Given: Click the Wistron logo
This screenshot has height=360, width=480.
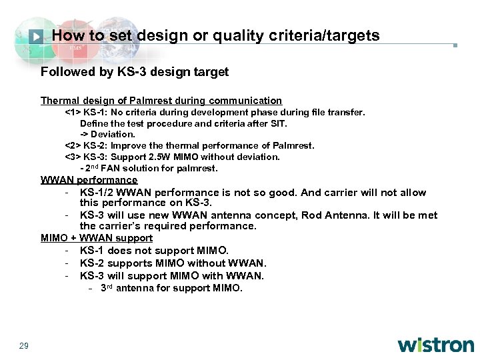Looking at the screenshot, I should point(436,345).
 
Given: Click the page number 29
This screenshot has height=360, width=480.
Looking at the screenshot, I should point(24,345).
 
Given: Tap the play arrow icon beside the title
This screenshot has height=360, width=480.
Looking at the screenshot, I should point(37,36).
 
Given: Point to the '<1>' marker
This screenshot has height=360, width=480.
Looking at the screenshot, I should point(72,112).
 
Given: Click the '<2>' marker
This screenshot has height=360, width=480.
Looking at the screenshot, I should point(72,145).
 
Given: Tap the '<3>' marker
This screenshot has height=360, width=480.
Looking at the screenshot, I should point(72,157).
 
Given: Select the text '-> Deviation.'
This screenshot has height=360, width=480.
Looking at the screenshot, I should point(107,134).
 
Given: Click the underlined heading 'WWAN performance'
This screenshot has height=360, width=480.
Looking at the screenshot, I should point(89,180).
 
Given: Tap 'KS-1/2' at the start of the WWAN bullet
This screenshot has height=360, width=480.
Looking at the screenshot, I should point(97,192).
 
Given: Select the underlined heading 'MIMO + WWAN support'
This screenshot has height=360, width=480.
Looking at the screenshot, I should point(97,238).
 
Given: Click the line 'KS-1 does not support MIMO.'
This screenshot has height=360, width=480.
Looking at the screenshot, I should point(154,251).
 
